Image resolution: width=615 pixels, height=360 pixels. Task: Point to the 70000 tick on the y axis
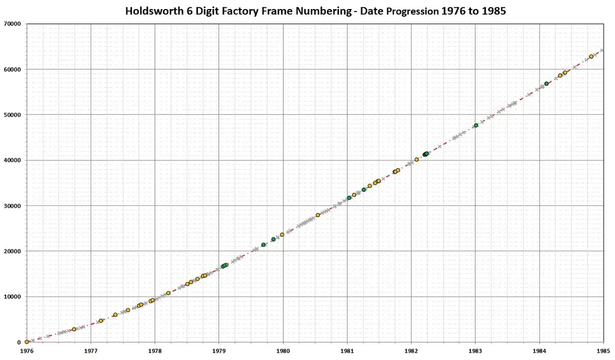(12, 23)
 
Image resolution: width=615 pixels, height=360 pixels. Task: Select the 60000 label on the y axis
(12, 69)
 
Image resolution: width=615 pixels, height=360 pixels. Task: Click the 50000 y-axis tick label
(12, 115)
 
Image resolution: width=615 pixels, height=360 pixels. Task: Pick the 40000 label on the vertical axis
(12, 160)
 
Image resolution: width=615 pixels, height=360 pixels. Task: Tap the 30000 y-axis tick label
(12, 206)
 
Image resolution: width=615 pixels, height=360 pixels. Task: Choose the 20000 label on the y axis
(12, 251)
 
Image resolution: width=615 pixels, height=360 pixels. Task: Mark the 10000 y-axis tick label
(12, 296)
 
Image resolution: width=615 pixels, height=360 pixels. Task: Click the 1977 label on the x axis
(91, 350)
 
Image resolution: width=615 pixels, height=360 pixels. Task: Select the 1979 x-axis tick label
(218, 350)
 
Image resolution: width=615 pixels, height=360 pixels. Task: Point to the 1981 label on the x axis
(347, 350)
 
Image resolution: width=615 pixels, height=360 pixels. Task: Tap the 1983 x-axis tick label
(475, 350)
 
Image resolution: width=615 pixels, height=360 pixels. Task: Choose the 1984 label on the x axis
(539, 350)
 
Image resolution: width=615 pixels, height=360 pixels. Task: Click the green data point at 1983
(476, 125)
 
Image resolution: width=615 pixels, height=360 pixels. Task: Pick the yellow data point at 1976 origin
(27, 341)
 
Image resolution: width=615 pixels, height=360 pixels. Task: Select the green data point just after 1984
(547, 83)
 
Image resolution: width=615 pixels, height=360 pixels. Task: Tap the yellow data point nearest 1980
(282, 235)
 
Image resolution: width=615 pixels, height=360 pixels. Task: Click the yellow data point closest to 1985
(591, 56)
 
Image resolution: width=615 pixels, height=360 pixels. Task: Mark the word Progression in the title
(406, 11)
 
